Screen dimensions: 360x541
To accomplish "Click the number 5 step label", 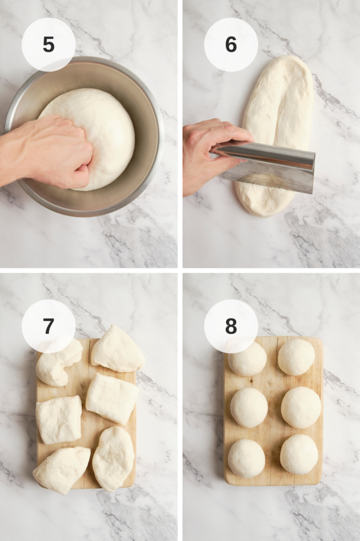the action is [49, 45].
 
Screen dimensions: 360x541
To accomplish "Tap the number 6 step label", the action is [231, 45].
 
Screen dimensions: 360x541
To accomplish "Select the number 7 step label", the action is [49, 326].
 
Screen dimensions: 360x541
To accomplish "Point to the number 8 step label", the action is [231, 326].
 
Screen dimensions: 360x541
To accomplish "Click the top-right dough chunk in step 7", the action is [117, 349].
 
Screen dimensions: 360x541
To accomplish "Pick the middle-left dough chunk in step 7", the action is [59, 419].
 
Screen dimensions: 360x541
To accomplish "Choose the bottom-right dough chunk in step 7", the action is [113, 459].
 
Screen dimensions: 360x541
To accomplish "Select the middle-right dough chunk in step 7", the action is [112, 398].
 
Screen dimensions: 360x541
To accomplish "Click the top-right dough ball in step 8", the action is [296, 357].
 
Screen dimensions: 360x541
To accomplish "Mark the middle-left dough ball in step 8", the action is [249, 407].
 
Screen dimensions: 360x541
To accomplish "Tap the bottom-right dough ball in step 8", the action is [299, 454].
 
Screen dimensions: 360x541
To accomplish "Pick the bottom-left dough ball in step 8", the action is [247, 458].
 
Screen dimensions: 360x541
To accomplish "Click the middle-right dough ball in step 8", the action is [301, 407].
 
